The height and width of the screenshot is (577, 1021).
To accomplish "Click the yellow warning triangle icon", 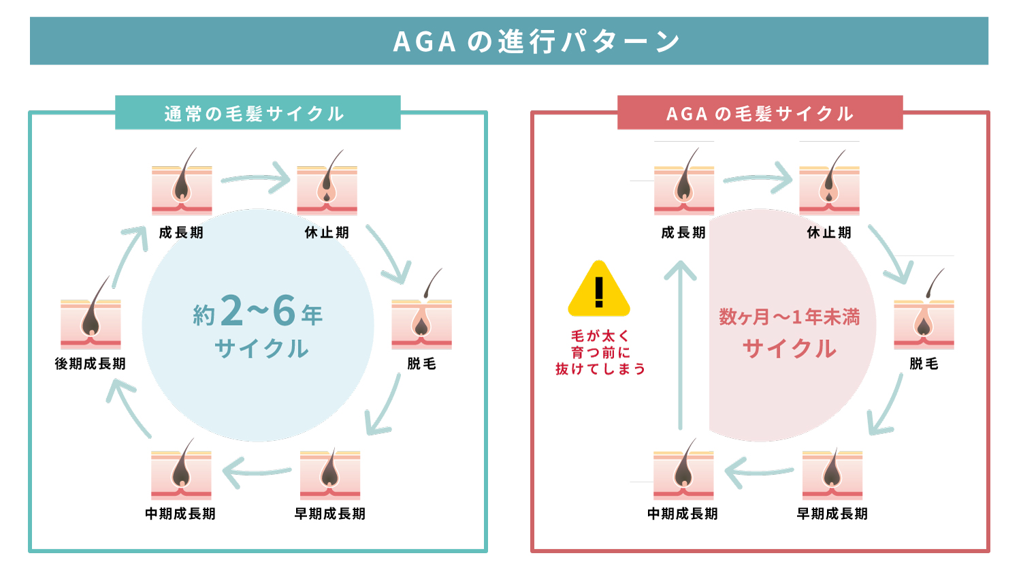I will tap(599, 290).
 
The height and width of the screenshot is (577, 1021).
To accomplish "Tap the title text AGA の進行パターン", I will tap(536, 42).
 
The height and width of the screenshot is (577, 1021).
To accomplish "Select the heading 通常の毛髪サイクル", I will tap(254, 114).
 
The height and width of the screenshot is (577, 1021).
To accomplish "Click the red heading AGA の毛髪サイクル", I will tap(760, 114).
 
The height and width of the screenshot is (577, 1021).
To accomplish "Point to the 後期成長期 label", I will tap(91, 364).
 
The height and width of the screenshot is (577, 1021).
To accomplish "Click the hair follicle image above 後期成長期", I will tap(91, 320).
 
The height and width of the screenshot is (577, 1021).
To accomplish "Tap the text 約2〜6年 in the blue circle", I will tap(258, 312).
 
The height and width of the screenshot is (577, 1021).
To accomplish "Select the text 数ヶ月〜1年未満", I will tap(790, 317).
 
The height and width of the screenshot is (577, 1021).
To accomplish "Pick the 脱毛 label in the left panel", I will tap(421, 364).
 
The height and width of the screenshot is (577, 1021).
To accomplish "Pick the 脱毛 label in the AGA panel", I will tap(924, 364).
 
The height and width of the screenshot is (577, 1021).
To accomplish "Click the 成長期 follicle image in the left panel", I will tap(182, 187).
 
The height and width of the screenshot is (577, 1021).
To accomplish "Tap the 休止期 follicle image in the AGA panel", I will tap(829, 187).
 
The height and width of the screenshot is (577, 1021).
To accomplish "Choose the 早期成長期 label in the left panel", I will tap(330, 514).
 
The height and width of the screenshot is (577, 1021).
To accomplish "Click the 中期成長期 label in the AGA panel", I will tap(683, 514).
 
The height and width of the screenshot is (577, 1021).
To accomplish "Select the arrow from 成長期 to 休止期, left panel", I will tap(256, 178).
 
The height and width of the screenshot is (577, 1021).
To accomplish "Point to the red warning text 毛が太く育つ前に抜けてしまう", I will tap(600, 352).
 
